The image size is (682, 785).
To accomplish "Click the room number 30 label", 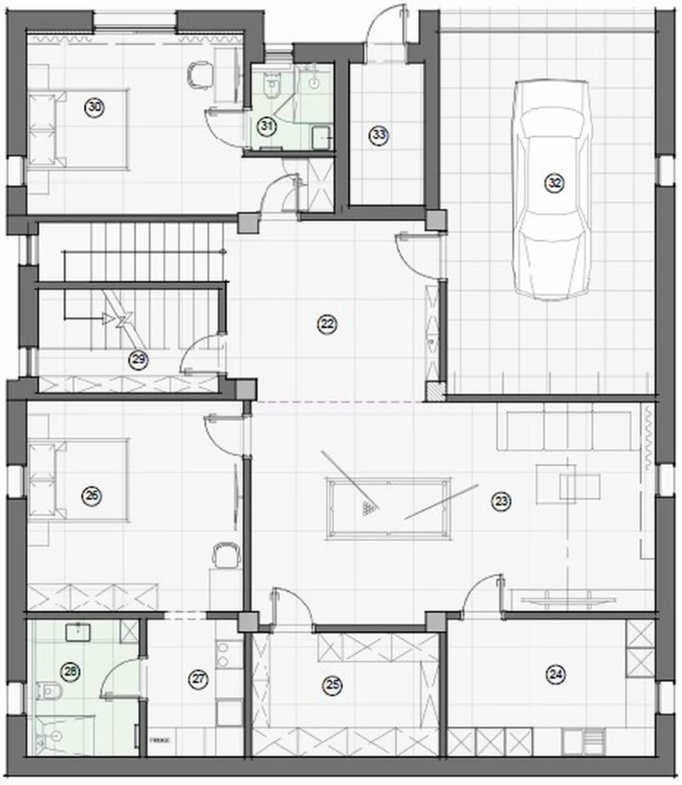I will pos(93,108).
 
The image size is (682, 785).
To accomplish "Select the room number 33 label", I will pos(379,135).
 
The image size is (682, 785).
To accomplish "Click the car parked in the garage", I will pos(554,187).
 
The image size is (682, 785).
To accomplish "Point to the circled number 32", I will pos(554,183).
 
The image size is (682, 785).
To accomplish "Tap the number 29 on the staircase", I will pos(138,359).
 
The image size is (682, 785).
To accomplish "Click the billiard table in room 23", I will pos(388,508).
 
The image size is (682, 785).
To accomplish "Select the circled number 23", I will pos(502,501).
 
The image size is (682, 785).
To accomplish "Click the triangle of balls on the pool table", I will pos(369,509).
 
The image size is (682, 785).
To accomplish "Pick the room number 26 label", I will pos(91,496).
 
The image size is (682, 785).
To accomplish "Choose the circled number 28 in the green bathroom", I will pos(70,670).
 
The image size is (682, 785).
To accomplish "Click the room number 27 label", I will pos(198,678).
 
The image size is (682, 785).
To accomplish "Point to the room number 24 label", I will pos(556,675).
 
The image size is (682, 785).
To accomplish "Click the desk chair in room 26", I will pos(226,556).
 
